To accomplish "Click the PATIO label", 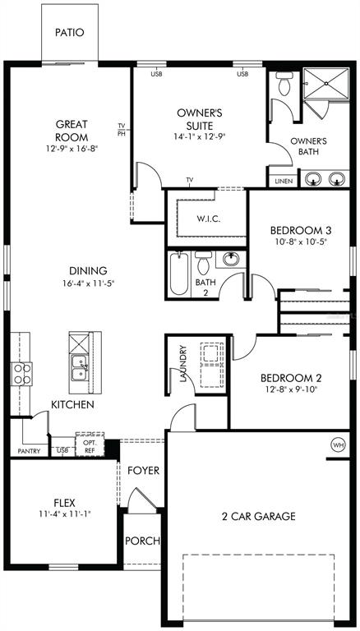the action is (x=70, y=33).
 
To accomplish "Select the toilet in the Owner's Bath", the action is (x=284, y=84).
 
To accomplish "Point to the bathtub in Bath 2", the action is (x=179, y=274).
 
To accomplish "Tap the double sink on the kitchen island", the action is (x=80, y=368).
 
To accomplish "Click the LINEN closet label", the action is (x=284, y=181).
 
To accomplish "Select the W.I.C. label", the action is (x=209, y=219).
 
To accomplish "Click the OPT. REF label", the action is (x=90, y=447).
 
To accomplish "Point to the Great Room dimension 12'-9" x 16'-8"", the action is (x=72, y=149).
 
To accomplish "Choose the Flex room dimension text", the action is (x=64, y=514).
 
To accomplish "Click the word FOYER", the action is (x=143, y=470).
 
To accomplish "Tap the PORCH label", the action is (x=142, y=541).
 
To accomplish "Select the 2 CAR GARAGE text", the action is (x=258, y=516).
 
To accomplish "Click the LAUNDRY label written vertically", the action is (x=183, y=363).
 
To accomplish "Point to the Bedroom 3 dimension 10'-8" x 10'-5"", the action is (x=301, y=242).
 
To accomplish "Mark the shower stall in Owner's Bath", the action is (x=326, y=83).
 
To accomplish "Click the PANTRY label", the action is (x=29, y=451).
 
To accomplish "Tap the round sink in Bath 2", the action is (x=231, y=259).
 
